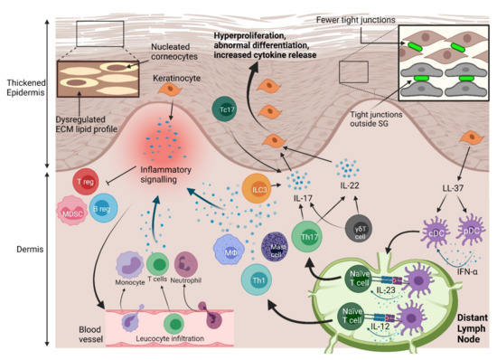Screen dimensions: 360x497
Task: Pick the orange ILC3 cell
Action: click(257, 191)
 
